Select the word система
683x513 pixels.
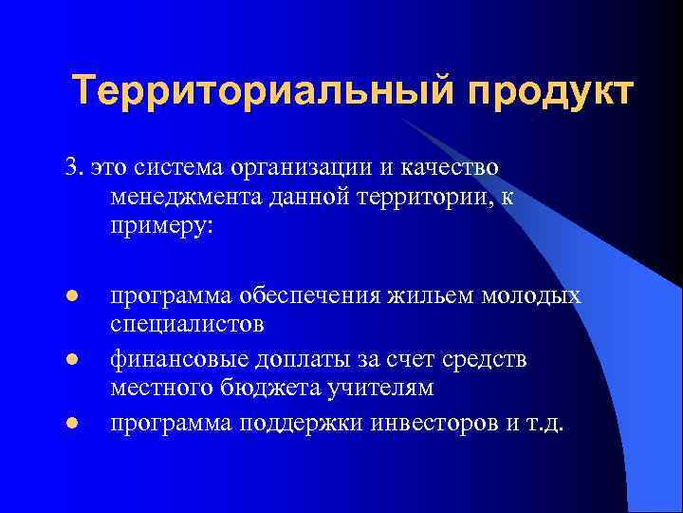pyautogui.click(x=177, y=167)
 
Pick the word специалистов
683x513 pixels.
pyautogui.click(x=187, y=324)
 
